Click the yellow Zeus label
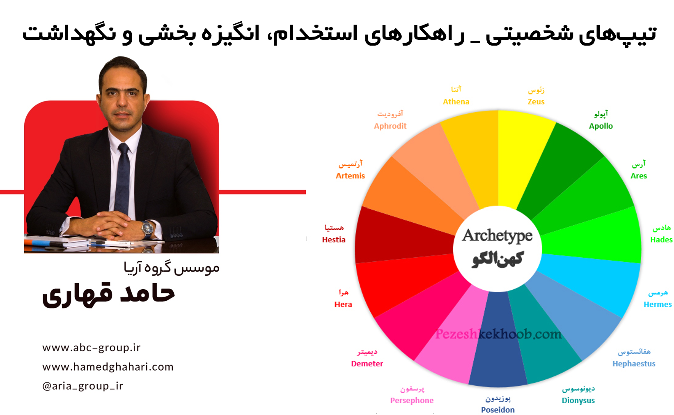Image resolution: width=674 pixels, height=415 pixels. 536,102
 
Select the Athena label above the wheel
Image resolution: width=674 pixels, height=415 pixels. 456,102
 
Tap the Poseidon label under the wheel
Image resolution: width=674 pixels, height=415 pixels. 497,410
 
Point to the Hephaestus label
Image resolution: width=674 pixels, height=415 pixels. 634,364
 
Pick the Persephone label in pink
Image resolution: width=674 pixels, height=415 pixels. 412,401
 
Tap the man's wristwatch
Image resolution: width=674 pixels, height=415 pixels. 148,228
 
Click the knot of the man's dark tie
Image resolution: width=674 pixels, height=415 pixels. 124,148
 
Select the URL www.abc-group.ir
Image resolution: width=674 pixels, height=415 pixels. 92,348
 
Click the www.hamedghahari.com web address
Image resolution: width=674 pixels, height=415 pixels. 108,367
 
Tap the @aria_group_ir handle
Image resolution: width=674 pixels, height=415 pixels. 83,386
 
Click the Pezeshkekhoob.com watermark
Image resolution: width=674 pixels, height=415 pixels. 498,334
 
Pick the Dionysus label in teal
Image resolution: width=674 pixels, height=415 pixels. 578,401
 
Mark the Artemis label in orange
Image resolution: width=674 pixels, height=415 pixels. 350,176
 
